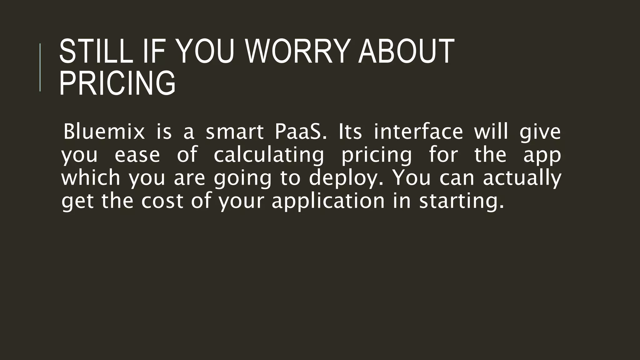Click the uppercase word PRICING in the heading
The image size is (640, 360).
click(x=117, y=83)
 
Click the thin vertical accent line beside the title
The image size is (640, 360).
click(x=40, y=67)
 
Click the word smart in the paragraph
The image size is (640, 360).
click(x=235, y=132)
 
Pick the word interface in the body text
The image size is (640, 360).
click(x=418, y=132)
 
